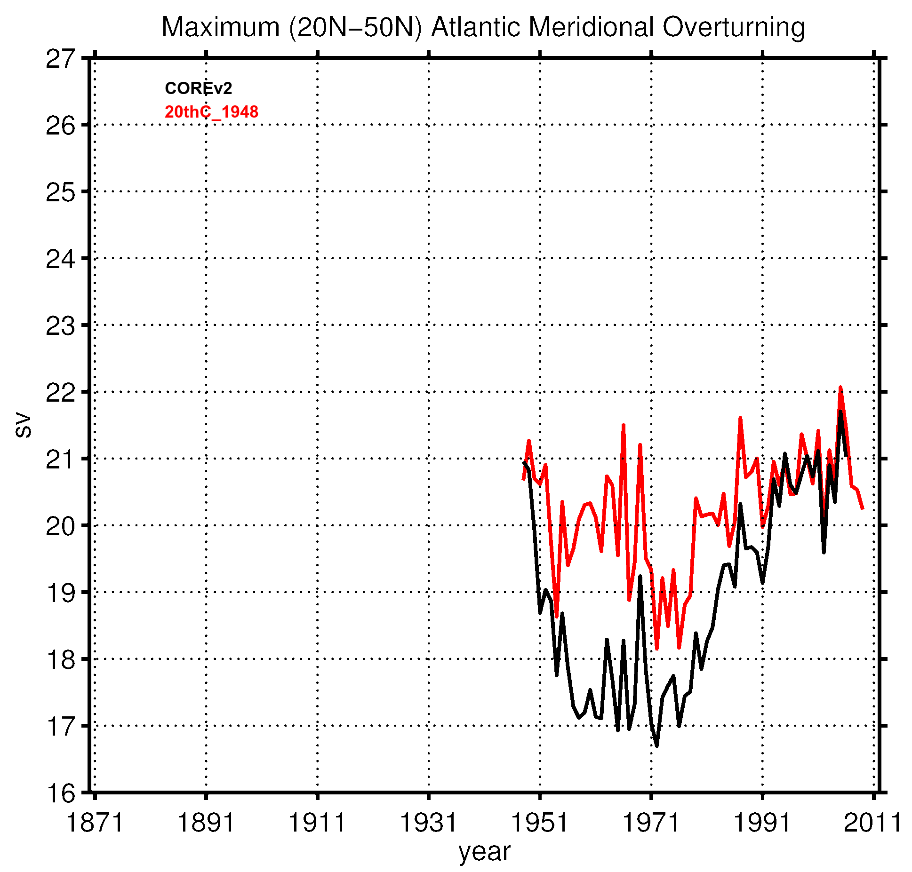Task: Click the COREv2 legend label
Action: (x=198, y=88)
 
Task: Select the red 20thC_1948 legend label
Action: (x=211, y=112)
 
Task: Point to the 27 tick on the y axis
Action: (x=60, y=59)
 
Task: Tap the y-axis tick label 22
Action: (x=60, y=393)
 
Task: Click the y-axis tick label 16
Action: (x=60, y=793)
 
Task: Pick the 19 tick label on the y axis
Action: (x=60, y=593)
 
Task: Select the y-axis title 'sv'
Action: (x=23, y=425)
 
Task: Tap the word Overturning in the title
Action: (x=734, y=27)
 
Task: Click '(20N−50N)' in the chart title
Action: (x=355, y=27)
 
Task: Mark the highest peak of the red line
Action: (x=840, y=388)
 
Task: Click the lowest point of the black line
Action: (x=656, y=745)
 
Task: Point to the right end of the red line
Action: (x=863, y=509)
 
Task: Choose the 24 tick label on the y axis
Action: (x=60, y=259)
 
